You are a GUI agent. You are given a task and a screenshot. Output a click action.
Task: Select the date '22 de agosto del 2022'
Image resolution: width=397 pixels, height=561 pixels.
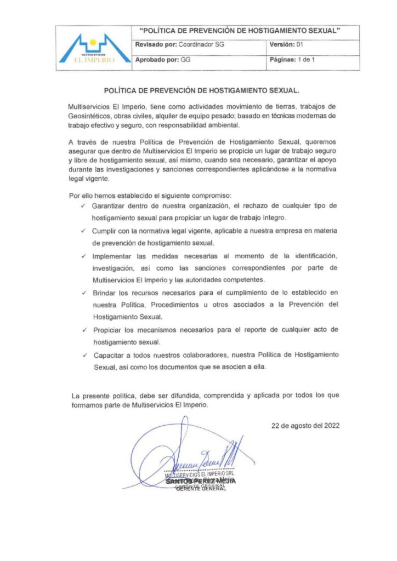[x=305, y=425]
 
